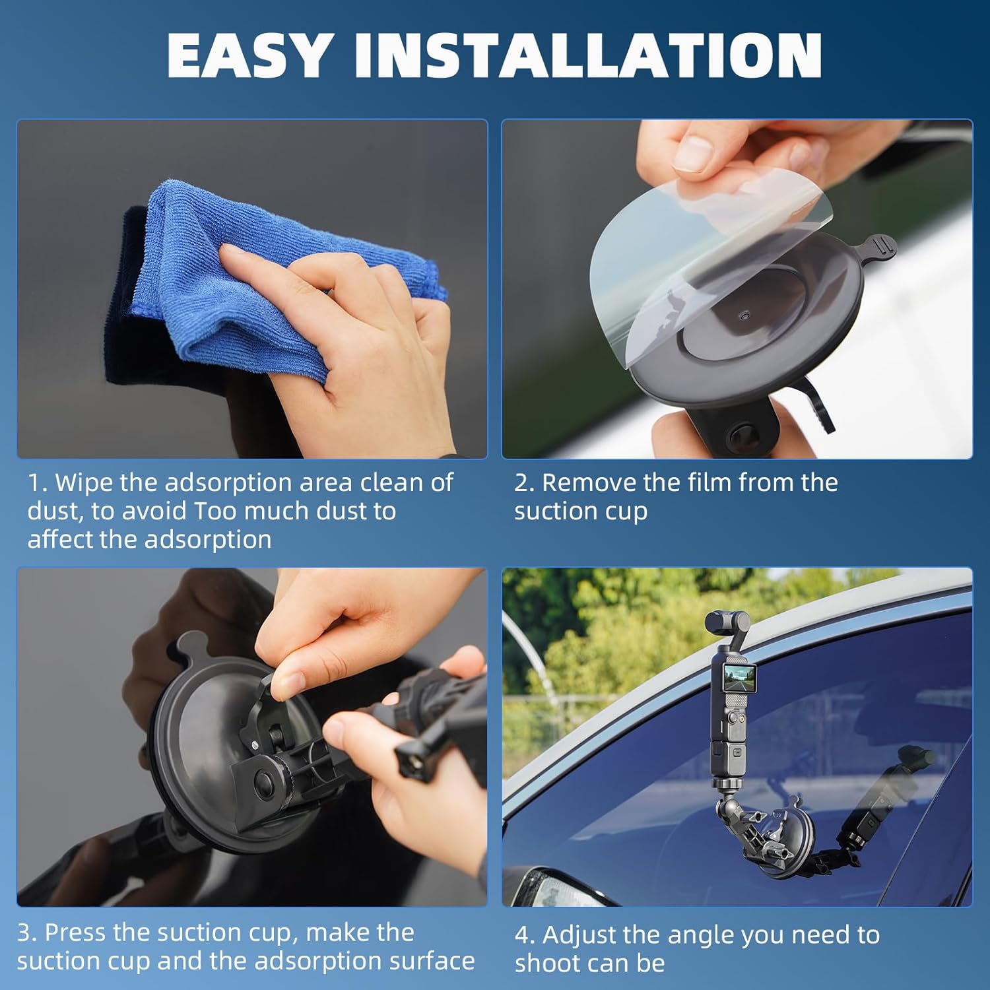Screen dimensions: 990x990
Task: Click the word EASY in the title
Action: coord(248,56)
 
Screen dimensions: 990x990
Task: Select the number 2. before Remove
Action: coord(524,482)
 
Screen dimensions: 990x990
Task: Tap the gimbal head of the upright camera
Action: coord(727,622)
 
